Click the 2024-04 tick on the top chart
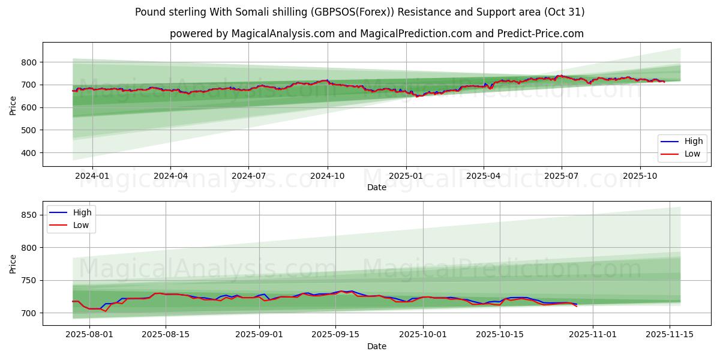pyautogui.click(x=170, y=176)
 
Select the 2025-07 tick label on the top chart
pyautogui.click(x=562, y=176)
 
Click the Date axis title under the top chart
pyautogui.click(x=376, y=187)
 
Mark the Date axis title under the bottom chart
pyautogui.click(x=376, y=346)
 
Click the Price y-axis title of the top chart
pyautogui.click(x=13, y=104)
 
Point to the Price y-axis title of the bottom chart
pyautogui.click(x=13, y=263)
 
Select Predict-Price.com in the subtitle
pyautogui.click(x=540, y=34)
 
